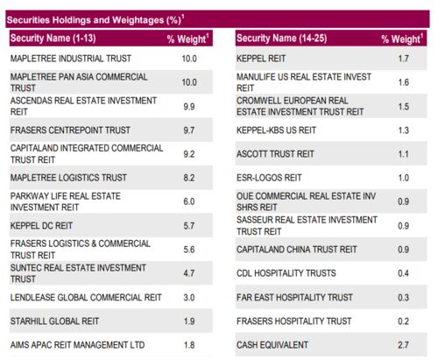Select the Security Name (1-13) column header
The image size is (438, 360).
tap(53, 39)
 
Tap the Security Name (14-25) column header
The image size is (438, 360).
tap(281, 39)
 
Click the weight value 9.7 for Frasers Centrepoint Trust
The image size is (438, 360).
tap(189, 131)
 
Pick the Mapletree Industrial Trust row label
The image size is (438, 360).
tap(71, 59)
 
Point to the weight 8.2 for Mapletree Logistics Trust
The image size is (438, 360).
tap(189, 178)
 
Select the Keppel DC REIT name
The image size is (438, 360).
tap(41, 226)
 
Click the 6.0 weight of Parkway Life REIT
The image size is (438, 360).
tap(189, 201)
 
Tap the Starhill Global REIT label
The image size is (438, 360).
tap(54, 321)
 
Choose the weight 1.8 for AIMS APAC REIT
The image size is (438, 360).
tap(189, 345)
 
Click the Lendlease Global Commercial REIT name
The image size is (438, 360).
tap(86, 298)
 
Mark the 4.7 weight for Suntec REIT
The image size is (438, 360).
tap(189, 273)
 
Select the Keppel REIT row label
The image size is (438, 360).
tap(261, 59)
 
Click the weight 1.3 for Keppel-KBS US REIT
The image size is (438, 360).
tap(404, 131)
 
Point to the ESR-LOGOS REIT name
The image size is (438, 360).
tap(269, 178)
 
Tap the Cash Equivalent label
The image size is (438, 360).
tap(272, 345)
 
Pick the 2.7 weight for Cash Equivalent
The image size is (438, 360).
tap(403, 345)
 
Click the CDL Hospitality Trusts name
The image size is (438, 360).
tap(286, 273)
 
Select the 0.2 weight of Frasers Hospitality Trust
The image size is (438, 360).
tap(403, 321)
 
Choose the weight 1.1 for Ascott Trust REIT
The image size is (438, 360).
tap(404, 154)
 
